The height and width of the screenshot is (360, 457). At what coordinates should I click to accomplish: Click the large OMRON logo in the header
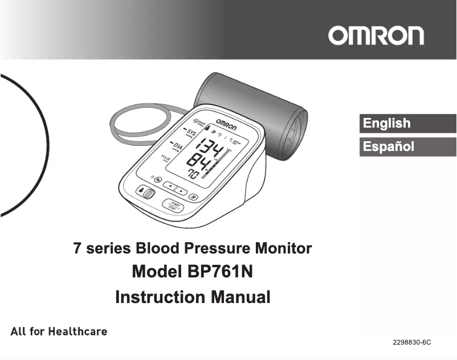(376, 35)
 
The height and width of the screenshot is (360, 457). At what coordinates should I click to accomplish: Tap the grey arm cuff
(251, 108)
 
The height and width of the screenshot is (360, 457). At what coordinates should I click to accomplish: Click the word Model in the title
(157, 271)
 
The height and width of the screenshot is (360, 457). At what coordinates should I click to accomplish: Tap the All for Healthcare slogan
(59, 331)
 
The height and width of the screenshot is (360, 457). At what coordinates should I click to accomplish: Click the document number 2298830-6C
(411, 342)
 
